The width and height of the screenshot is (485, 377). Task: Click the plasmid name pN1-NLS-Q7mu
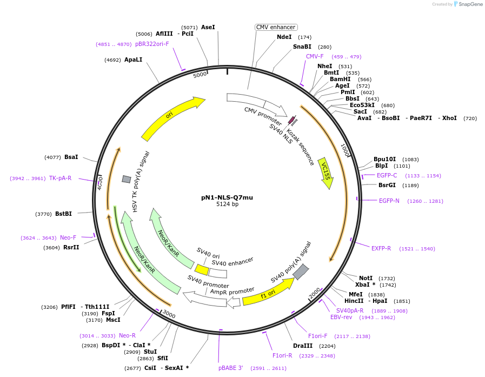(x=227, y=197)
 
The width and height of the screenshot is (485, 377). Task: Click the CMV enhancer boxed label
(x=276, y=27)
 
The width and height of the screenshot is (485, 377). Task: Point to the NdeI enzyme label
(x=284, y=37)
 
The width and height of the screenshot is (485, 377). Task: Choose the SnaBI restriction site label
(x=302, y=47)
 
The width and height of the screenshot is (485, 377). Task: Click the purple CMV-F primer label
(x=315, y=57)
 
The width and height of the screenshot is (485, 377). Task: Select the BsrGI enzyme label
(x=387, y=185)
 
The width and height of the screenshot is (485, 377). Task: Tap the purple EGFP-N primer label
(x=389, y=201)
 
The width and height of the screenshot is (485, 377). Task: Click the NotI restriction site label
(x=366, y=278)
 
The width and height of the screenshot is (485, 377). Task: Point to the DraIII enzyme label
(x=302, y=346)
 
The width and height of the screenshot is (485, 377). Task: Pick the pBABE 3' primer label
(x=230, y=368)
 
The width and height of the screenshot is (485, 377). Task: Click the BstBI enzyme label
(x=63, y=214)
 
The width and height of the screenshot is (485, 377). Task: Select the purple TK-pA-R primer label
(x=60, y=178)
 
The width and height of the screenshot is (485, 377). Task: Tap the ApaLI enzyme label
(x=133, y=60)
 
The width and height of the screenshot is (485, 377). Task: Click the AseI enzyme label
(x=208, y=27)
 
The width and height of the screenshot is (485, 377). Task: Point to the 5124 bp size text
(x=227, y=204)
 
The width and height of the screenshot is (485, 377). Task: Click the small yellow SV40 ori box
(x=202, y=269)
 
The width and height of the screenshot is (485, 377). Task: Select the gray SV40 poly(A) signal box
(x=301, y=272)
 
